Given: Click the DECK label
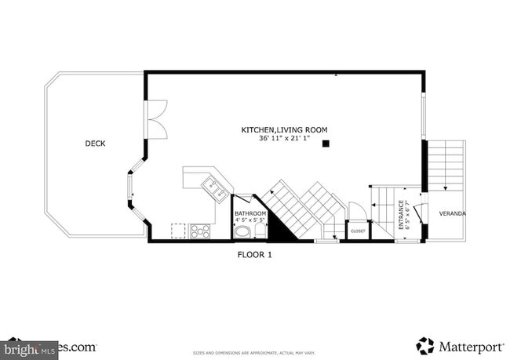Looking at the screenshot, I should click(x=96, y=144).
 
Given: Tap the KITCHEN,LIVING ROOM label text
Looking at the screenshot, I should click(x=284, y=129).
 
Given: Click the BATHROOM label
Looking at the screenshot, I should click(x=250, y=213).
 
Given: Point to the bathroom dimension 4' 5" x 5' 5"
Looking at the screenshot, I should click(x=250, y=220).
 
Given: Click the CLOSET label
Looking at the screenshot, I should click(x=358, y=231).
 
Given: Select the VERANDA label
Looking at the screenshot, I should click(x=452, y=213).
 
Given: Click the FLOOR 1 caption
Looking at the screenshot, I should click(x=254, y=255).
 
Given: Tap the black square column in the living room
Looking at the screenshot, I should click(x=326, y=144).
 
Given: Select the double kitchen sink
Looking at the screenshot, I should click(x=214, y=188).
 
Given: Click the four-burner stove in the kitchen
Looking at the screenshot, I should click(x=200, y=231).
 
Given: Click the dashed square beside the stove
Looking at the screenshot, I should click(x=178, y=231).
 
